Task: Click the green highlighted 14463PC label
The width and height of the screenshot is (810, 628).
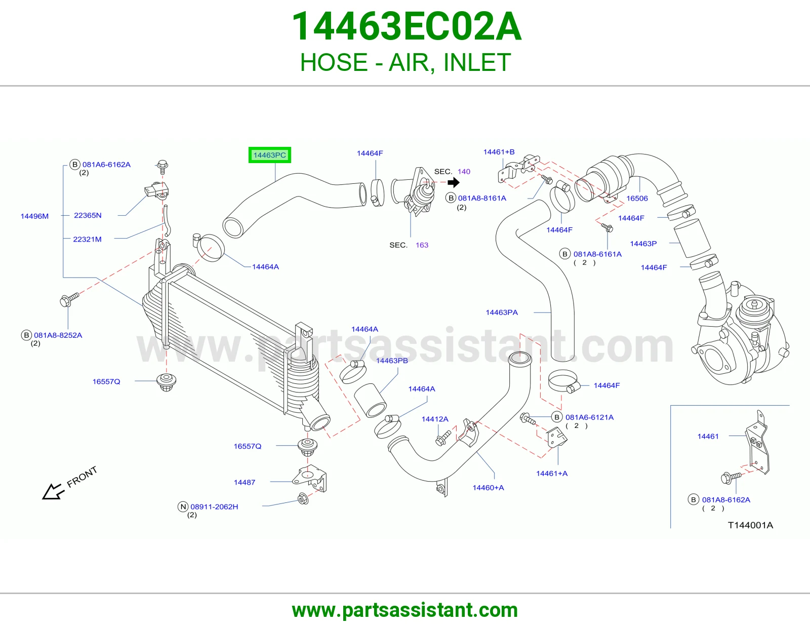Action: click(269, 155)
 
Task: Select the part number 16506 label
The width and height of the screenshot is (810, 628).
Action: click(637, 199)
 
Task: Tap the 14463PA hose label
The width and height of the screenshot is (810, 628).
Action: click(502, 312)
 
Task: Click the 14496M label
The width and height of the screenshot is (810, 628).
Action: click(34, 216)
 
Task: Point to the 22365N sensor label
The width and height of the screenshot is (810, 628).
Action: click(88, 215)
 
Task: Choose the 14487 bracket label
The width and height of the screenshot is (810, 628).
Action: click(245, 483)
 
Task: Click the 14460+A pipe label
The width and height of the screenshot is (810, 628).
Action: click(489, 488)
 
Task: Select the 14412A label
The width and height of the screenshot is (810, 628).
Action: click(435, 419)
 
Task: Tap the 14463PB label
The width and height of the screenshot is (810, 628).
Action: click(392, 361)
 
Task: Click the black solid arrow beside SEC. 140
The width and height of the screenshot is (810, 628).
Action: click(454, 182)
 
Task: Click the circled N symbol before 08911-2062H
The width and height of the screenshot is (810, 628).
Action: click(183, 507)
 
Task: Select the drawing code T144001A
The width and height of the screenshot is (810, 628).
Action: click(750, 526)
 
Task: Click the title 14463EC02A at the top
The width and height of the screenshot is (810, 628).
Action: click(407, 26)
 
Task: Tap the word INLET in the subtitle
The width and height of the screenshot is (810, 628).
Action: click(477, 62)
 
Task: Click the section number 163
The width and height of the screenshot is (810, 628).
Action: click(422, 245)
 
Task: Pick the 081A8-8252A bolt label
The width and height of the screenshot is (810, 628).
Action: click(58, 335)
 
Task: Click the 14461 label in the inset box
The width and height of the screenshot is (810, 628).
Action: click(708, 437)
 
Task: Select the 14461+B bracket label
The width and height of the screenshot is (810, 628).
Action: click(499, 152)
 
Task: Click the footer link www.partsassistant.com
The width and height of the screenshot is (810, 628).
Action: click(405, 610)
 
